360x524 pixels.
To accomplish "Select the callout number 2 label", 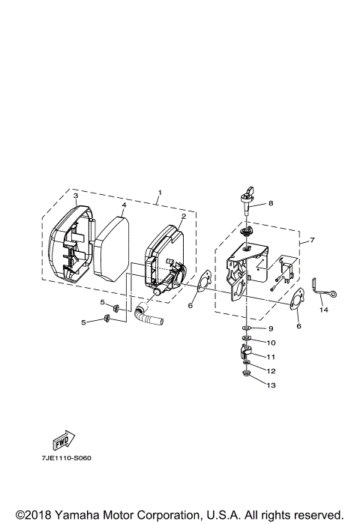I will (182, 217).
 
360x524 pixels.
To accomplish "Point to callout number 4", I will (124, 205).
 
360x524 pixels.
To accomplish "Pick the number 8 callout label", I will (261, 202).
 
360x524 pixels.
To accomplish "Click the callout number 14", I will (323, 309).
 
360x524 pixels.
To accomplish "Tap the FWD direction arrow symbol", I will (62, 439).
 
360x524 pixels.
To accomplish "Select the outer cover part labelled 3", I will (67, 247).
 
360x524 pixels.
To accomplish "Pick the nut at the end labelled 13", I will (246, 375).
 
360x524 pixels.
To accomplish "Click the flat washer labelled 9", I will (246, 328).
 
